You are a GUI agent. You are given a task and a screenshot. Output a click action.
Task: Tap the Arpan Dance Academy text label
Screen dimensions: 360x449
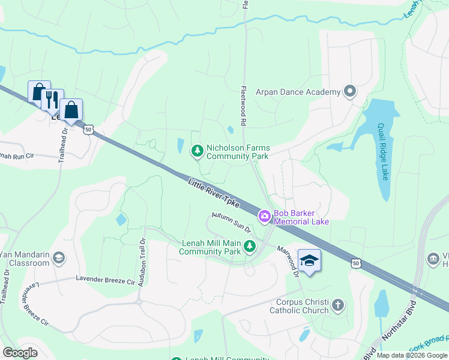click(298, 92)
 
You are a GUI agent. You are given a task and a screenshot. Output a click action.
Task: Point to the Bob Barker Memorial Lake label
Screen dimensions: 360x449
click(301, 217)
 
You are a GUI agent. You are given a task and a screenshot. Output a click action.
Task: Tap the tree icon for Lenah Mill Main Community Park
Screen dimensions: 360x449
click(249, 246)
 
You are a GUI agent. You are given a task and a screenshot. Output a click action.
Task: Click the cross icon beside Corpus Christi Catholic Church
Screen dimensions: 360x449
click(338, 305)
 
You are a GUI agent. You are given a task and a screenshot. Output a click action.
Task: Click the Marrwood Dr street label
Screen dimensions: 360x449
click(289, 260)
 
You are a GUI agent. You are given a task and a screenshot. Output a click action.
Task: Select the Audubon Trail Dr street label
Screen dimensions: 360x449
click(142, 262)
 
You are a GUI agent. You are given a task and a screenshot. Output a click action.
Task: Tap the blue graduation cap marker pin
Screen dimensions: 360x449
click(309, 262)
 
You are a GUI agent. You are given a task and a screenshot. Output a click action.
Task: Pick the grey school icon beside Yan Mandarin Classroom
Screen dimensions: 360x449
click(58, 258)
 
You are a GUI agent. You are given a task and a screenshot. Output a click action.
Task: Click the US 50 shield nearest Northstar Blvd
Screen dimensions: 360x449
click(356, 262)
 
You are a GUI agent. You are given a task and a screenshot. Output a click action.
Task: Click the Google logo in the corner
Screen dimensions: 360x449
click(20, 353)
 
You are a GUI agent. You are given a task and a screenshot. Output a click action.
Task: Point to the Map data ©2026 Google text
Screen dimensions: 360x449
click(412, 355)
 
